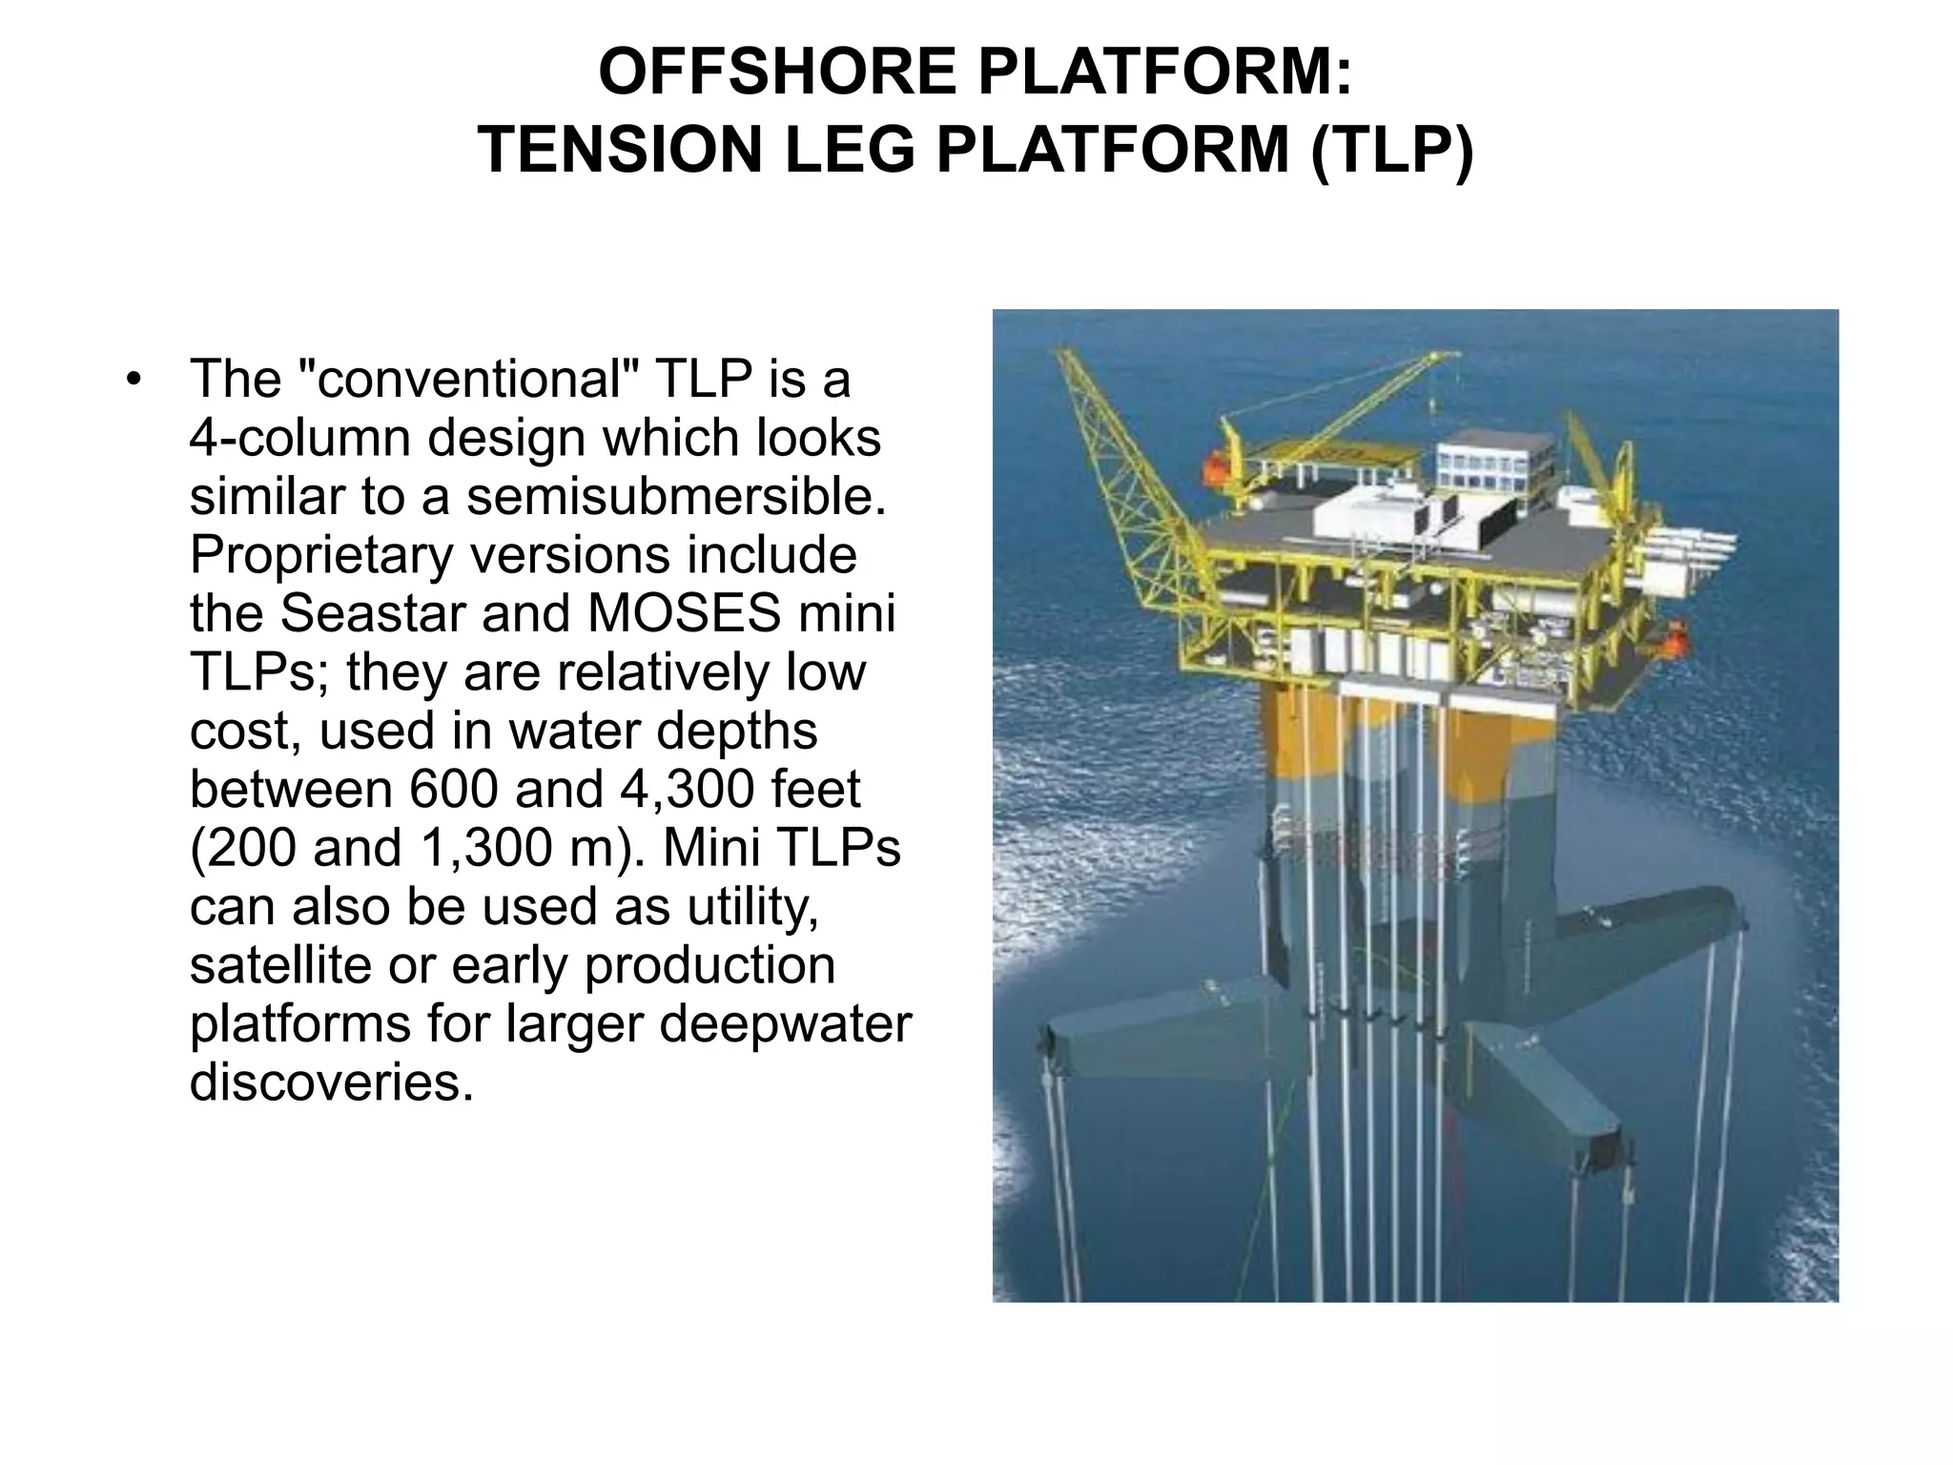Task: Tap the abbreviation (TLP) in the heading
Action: pos(1391,151)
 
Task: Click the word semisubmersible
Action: pos(676,496)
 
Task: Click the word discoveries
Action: pos(331,1082)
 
